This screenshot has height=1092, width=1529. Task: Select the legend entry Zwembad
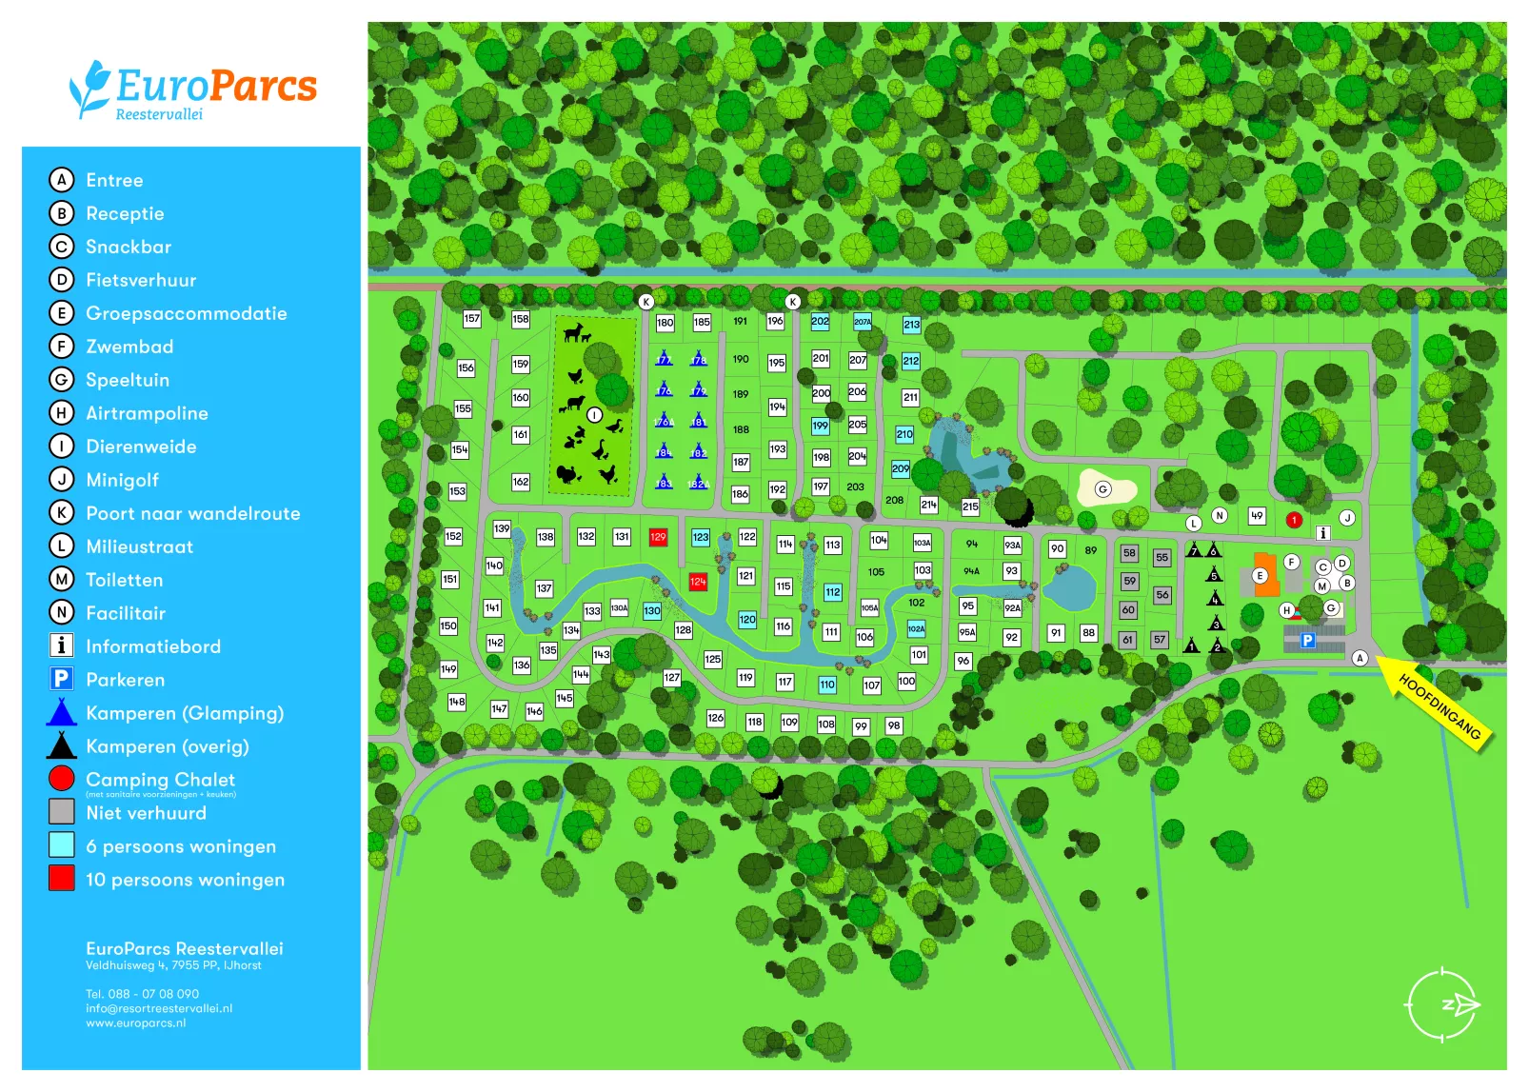coord(129,347)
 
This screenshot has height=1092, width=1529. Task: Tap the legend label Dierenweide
coord(141,447)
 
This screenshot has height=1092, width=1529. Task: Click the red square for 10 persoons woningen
coord(62,878)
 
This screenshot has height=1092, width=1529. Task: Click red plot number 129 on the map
coord(658,538)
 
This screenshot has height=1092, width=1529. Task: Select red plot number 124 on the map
coord(698,582)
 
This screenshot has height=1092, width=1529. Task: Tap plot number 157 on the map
coord(472,319)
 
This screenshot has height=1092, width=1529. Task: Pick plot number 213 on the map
coord(911,325)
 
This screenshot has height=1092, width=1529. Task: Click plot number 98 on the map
coord(893,725)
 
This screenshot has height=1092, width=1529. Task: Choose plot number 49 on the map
coord(1257,516)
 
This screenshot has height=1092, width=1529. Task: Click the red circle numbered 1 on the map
coord(1294,520)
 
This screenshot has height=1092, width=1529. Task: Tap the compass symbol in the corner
coord(1443,1004)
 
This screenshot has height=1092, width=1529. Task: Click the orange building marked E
coord(1263,574)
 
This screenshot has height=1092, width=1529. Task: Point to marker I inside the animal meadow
coord(595,415)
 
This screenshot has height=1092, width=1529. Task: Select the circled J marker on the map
coord(1347,518)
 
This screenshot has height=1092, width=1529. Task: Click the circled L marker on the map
coord(1194,524)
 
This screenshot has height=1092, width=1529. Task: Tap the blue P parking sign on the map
coord(1308,641)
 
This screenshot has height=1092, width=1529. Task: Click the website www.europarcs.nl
coord(136,1023)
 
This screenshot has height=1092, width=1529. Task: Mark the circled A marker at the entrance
coord(1360,658)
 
